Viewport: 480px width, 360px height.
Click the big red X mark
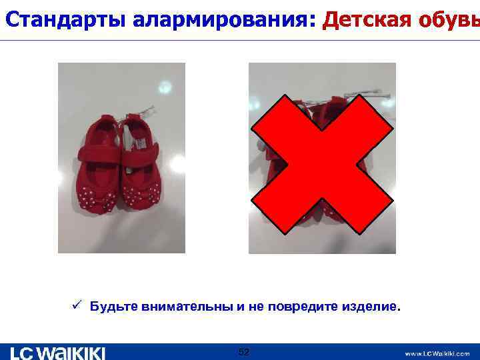point(323,163)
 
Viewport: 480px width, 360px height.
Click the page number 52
point(243,352)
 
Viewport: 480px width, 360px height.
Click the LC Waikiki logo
point(57,353)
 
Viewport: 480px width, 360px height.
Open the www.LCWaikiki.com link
point(437,353)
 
